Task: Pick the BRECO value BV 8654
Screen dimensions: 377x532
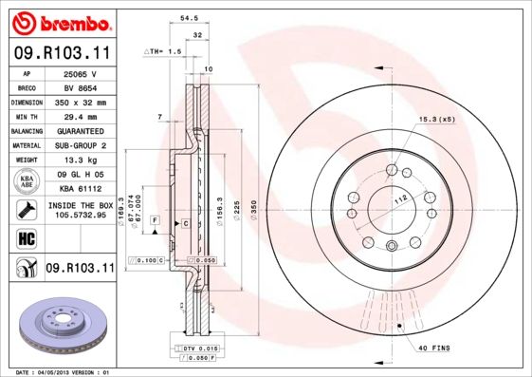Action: (x=81, y=87)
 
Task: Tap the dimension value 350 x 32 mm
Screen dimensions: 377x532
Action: (x=81, y=103)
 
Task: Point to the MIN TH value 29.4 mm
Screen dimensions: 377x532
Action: (x=81, y=116)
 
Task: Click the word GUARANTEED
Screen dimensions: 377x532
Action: (x=81, y=131)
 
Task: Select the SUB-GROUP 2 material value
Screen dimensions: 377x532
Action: (x=81, y=145)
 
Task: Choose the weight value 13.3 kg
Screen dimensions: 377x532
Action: (x=81, y=160)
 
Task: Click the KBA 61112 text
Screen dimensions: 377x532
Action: (x=81, y=189)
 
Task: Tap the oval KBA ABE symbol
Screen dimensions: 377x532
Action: (x=27, y=181)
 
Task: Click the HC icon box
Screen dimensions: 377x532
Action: (x=27, y=237)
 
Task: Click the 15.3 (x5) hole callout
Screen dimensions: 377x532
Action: (x=436, y=120)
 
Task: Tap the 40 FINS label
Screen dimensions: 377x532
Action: (x=434, y=349)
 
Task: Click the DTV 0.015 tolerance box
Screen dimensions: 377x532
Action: (x=200, y=349)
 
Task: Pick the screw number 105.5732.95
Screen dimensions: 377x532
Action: (x=81, y=215)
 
